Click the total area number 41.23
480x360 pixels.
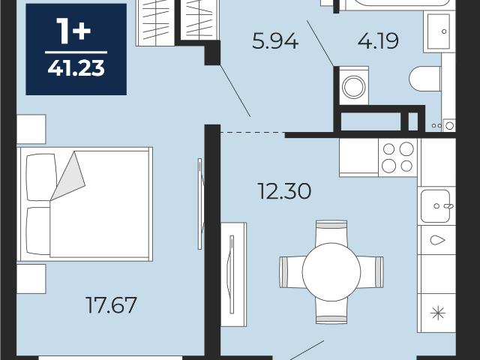76,68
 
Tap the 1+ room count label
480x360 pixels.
73,31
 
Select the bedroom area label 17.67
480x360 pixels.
111,305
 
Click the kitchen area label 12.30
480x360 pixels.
284,191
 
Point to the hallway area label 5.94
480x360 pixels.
275,41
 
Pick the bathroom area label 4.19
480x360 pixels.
378,40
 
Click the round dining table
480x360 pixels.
331,271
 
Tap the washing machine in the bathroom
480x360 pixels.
354,86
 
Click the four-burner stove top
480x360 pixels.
398,157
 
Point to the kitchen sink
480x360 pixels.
435,206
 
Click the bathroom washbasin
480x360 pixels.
438,31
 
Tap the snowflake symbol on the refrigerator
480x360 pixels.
438,313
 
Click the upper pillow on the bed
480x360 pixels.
42,178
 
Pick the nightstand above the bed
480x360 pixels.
31,129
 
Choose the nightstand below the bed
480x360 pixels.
31,279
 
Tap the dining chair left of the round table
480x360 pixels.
292,272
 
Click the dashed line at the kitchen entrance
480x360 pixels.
253,133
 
